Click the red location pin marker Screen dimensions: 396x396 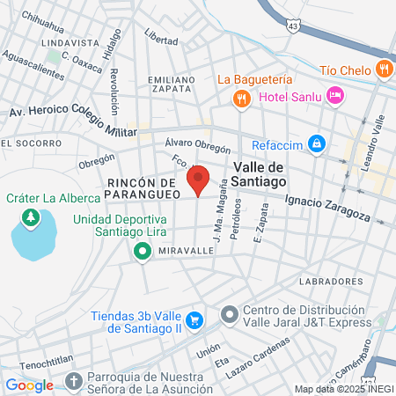(199, 180)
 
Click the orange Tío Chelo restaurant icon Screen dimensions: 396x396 (383, 68)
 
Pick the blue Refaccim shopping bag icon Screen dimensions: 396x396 (316, 143)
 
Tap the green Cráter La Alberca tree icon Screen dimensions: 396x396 (33, 216)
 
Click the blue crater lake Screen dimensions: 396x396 (33, 238)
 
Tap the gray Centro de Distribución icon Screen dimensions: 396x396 (229, 314)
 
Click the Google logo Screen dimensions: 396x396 (29, 385)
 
